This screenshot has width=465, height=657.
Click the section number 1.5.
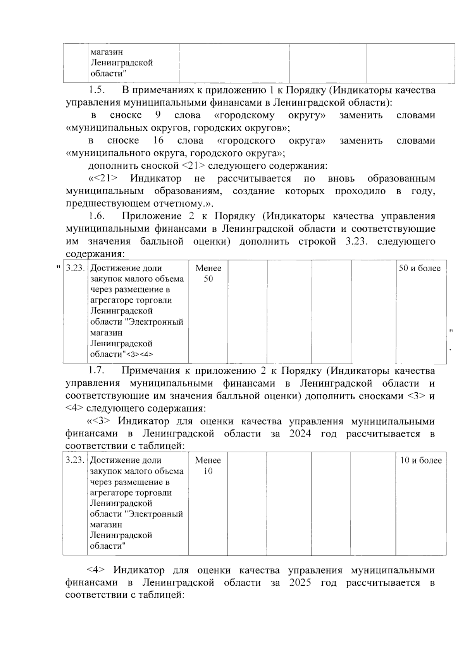pyautogui.click(x=96, y=91)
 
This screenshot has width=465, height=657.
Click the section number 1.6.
pyautogui.click(x=96, y=216)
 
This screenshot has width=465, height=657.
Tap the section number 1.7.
pyautogui.click(x=96, y=371)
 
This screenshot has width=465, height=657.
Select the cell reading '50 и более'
pyautogui.click(x=420, y=268)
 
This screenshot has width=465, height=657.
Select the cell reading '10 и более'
pyautogui.click(x=420, y=460)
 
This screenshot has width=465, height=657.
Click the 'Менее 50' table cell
pyautogui.click(x=208, y=273)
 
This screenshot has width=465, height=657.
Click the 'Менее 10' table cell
pyautogui.click(x=208, y=465)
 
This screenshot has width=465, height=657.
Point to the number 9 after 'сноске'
pyautogui.click(x=158, y=115)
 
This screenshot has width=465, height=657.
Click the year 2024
pyautogui.click(x=300, y=433)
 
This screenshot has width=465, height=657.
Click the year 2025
pyautogui.click(x=300, y=583)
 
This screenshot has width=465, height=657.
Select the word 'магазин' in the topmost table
pyautogui.click(x=106, y=52)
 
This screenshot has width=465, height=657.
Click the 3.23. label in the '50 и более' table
pyautogui.click(x=75, y=268)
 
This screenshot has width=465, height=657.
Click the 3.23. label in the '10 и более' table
pyautogui.click(x=75, y=460)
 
